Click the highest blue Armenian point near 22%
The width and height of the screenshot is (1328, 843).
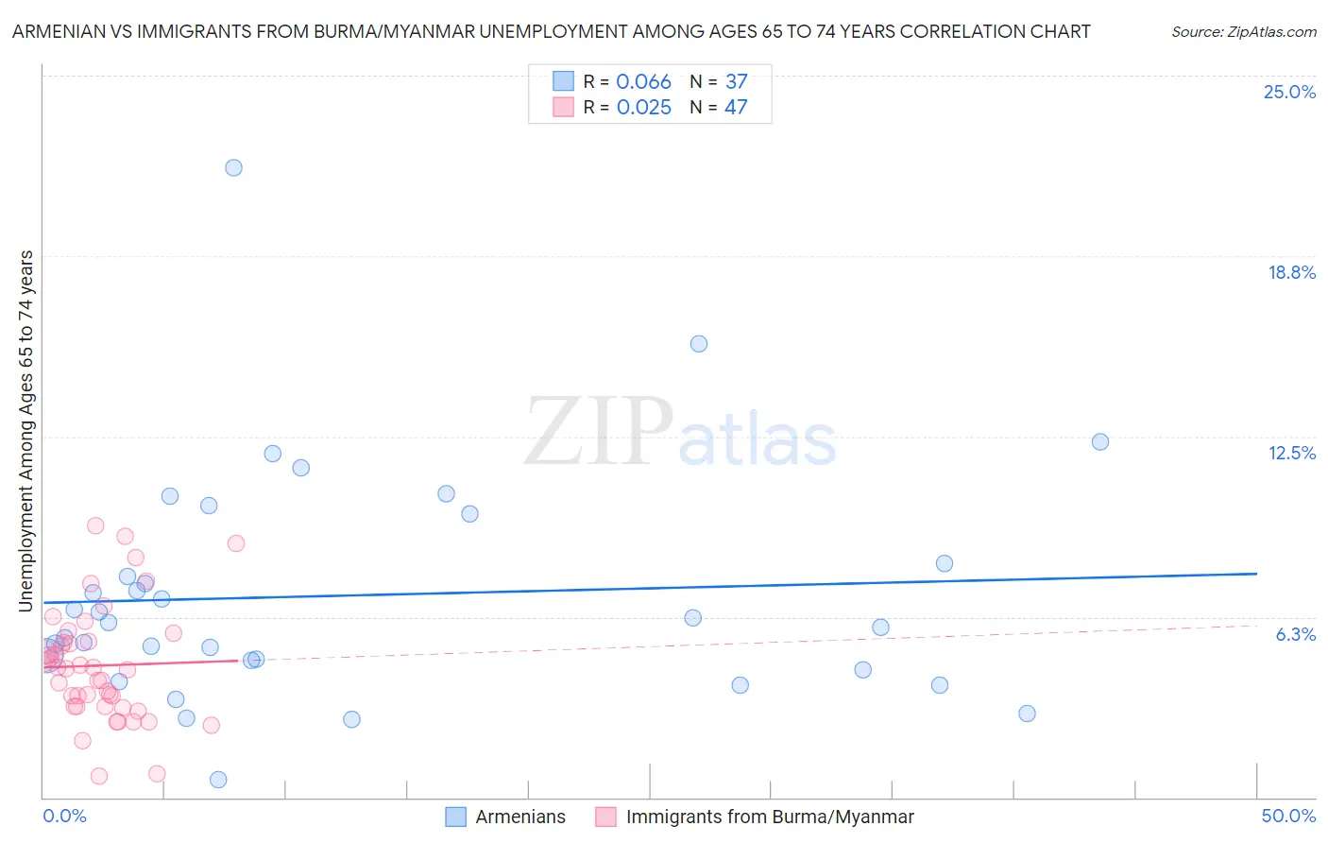coord(233,167)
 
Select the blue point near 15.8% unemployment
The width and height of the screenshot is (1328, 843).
coord(699,343)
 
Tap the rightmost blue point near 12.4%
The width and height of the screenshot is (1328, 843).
coord(1100,441)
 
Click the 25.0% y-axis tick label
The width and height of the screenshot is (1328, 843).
coord(1289,92)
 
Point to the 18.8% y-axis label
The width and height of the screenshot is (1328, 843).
coord(1291,272)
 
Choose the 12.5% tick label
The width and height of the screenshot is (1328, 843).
coord(1291,453)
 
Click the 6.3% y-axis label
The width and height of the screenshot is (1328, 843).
coord(1295,634)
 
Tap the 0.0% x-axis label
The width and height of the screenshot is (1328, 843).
coord(65,817)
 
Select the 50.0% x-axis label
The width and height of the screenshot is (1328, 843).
coord(1288,817)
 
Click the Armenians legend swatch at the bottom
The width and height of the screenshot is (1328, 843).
coord(455,817)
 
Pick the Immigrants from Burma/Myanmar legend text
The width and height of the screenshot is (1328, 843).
coord(770,817)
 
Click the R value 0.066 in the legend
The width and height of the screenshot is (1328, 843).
coord(643,82)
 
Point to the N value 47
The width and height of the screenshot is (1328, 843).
coord(736,108)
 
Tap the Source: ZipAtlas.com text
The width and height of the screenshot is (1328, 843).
coord(1243,32)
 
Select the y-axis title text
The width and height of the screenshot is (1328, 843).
coord(26,430)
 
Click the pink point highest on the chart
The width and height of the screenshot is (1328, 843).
coord(95,525)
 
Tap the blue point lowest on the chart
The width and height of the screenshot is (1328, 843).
coord(218,780)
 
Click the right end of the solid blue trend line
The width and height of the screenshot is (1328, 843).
coord(1256,574)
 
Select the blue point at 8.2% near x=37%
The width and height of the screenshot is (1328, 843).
coord(945,563)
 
